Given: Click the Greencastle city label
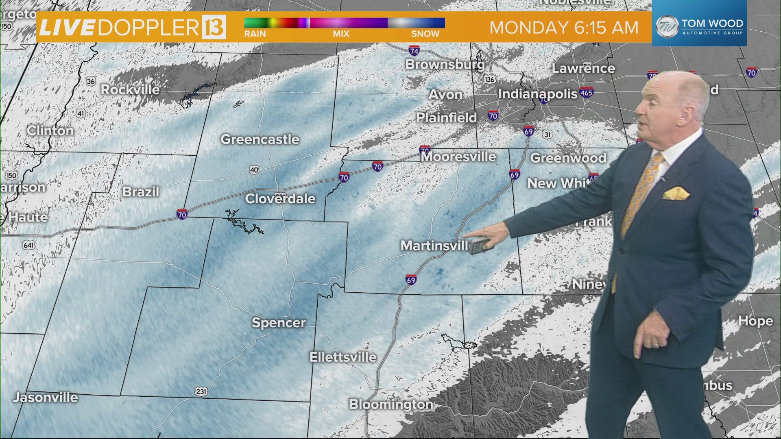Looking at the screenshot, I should [x=260, y=139].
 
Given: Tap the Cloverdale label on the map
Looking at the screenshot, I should [x=280, y=199].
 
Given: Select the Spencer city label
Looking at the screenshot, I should [x=279, y=323].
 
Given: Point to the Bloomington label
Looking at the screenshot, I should [x=391, y=404].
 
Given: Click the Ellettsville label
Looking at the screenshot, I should [x=343, y=357].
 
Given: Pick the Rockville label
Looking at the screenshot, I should [x=130, y=89].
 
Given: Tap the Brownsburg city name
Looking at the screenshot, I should [x=445, y=64].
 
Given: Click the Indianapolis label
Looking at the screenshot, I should [x=538, y=94].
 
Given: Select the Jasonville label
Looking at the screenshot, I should [x=45, y=397].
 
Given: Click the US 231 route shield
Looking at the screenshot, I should [x=201, y=392].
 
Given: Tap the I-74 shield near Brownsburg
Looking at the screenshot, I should [x=414, y=51].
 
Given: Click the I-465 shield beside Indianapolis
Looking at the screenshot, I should [x=586, y=93].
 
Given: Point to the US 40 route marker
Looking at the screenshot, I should [x=254, y=170].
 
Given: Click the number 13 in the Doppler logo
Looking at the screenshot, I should [x=213, y=27].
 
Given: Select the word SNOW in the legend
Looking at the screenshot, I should [x=425, y=34].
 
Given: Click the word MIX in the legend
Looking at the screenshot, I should [x=341, y=34].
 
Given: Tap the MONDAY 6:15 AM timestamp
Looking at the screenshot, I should [x=564, y=28].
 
